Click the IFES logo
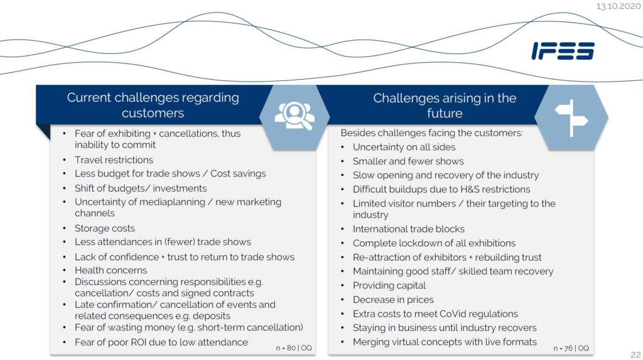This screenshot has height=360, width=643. click(x=563, y=51)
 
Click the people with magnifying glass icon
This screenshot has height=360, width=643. click(x=294, y=115)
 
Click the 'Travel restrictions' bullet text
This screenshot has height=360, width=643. click(x=114, y=160)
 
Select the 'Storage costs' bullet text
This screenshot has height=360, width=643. click(x=105, y=228)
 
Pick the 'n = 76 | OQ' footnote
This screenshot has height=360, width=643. click(x=571, y=347)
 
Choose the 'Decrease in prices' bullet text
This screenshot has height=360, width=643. click(x=393, y=300)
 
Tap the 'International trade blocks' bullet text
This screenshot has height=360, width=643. click(x=409, y=229)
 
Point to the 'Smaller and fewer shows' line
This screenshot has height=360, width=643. click(x=408, y=161)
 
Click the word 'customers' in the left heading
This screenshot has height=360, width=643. click(x=153, y=114)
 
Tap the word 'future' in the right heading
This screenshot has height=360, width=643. click(x=445, y=114)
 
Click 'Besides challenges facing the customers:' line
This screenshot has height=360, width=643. click(x=431, y=133)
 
